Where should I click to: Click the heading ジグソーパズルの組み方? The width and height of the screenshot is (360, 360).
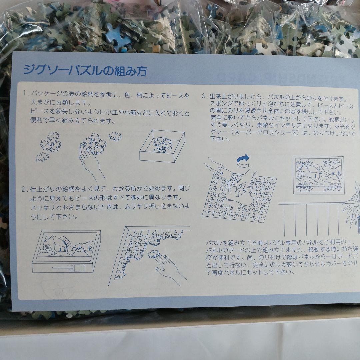coord(85,71)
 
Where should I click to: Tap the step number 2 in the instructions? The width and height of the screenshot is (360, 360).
coord(24,189)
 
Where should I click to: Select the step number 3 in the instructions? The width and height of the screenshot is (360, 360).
coord(204,97)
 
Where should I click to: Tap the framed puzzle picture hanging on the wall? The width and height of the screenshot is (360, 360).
coord(318,175)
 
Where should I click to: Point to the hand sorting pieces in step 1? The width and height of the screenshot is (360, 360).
coord(92,157)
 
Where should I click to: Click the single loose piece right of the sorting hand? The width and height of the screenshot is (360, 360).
coord(115,136)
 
